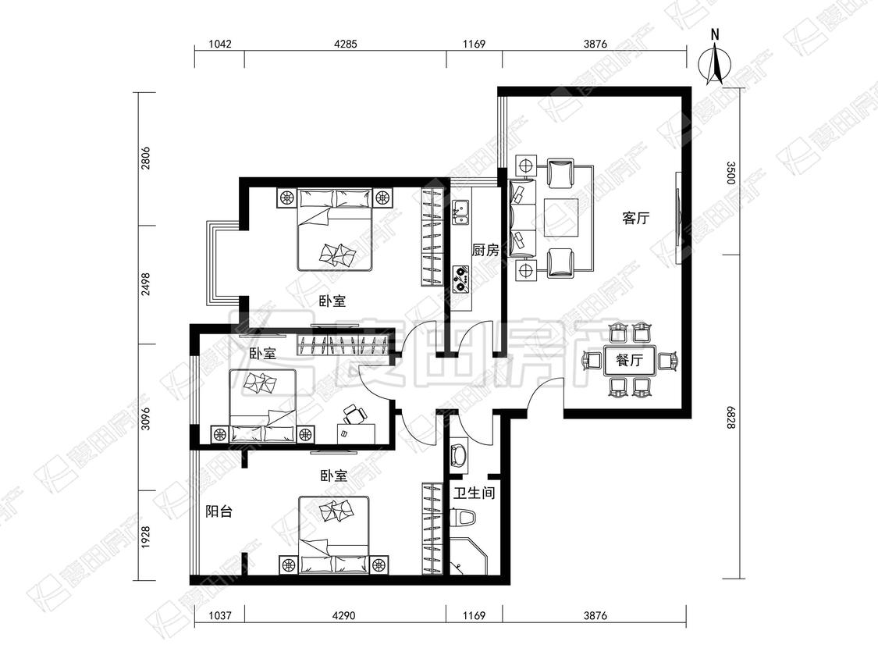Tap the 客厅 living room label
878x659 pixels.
tap(635, 218)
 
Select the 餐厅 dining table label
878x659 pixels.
tap(629, 360)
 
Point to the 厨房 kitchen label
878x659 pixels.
tap(485, 250)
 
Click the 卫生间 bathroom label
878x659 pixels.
tap(475, 493)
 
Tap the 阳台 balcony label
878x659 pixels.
tap(219, 511)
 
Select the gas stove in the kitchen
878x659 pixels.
tap(460, 279)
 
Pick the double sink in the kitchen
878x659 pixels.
tap(460, 212)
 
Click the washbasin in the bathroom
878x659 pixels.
tap(459, 455)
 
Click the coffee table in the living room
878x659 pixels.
tap(561, 218)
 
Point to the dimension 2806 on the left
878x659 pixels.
tap(146, 159)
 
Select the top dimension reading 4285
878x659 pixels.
tap(346, 44)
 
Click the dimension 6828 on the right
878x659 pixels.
tap(730, 418)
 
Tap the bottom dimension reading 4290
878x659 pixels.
tap(343, 615)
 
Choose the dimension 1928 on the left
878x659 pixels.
tap(146, 537)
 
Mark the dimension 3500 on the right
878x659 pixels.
tap(730, 173)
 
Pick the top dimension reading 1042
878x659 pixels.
tap(220, 44)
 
